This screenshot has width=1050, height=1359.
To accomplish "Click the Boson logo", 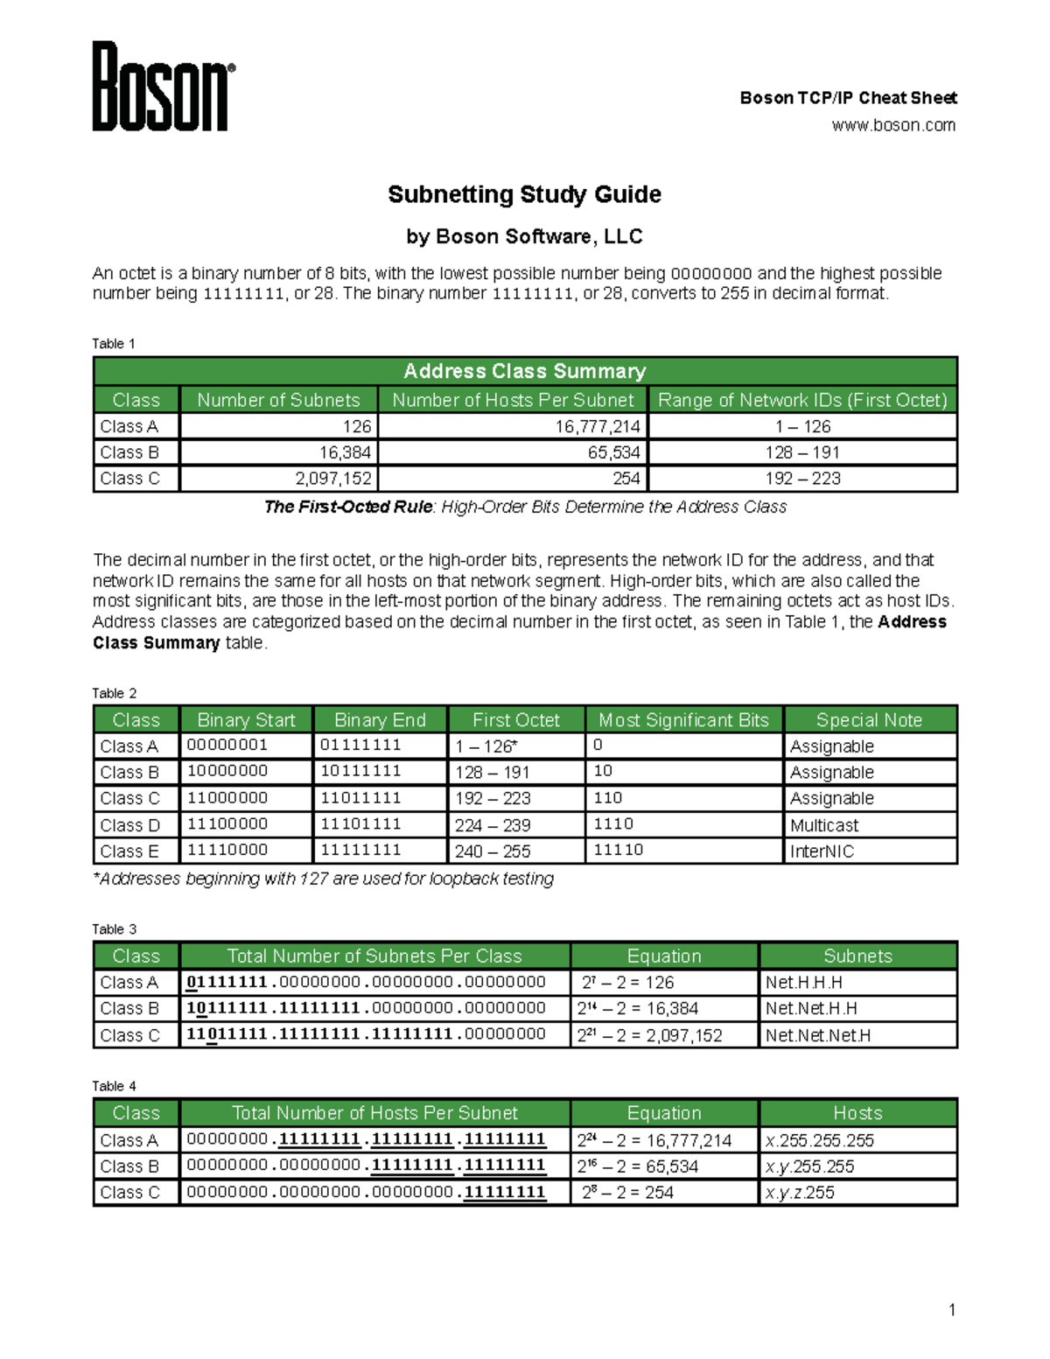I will point(163,87).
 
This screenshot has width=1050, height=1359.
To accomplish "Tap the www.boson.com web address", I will point(892,125).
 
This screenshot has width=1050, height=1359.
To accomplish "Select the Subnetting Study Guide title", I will point(524,194).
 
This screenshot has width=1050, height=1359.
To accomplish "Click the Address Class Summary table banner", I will point(524,371).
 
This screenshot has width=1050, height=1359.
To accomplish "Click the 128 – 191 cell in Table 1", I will point(801,452).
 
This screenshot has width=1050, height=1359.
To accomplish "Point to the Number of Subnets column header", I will point(278,400).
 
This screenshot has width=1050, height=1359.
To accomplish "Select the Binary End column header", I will point(380,720).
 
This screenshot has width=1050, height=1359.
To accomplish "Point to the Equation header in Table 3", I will point(664,956).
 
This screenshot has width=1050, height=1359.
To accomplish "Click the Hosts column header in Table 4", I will point(857,1113).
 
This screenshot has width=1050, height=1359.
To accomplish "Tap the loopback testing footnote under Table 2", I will point(324,879).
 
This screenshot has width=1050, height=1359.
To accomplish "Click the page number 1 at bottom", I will point(952,1310).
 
